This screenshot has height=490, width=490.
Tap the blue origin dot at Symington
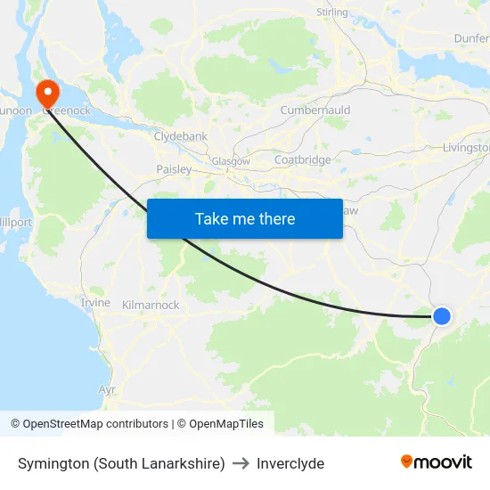[441, 315]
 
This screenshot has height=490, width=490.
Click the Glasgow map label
[231, 161]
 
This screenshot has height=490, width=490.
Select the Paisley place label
[174, 169]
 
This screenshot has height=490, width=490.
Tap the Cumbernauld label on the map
[315, 110]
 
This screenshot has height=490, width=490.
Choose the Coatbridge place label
[303, 160]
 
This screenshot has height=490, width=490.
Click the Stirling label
[332, 12]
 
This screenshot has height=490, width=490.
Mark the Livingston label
[467, 148]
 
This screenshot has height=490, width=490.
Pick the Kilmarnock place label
[150, 305]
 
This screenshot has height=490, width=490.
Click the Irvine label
[95, 303]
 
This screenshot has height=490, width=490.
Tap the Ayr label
[107, 390]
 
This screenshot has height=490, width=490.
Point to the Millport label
[15, 222]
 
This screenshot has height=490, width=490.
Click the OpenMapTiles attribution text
[225, 424]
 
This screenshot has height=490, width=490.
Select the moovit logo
[436, 462]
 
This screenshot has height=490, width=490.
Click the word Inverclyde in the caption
[290, 463]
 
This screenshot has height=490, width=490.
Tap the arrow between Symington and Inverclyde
[241, 463]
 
